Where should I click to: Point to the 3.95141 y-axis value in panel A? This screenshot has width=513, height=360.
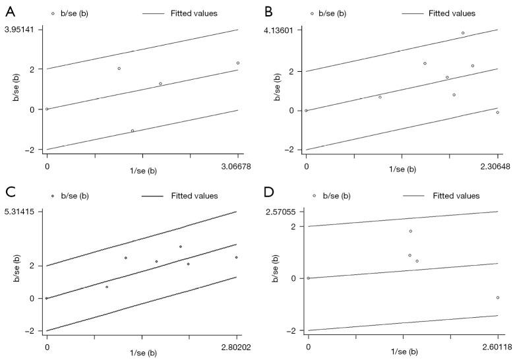[21, 30]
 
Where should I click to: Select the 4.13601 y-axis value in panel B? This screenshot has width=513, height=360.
[282, 30]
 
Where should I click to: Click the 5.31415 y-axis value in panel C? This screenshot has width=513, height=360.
[21, 212]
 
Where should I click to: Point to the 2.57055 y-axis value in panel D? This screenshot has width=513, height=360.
[282, 212]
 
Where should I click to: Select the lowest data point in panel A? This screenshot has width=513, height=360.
[133, 131]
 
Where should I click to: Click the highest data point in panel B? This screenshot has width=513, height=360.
[463, 33]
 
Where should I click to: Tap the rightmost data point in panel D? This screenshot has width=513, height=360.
[498, 297]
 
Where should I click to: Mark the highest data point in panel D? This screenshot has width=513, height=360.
[410, 231]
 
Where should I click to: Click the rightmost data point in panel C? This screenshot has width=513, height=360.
[236, 257]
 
